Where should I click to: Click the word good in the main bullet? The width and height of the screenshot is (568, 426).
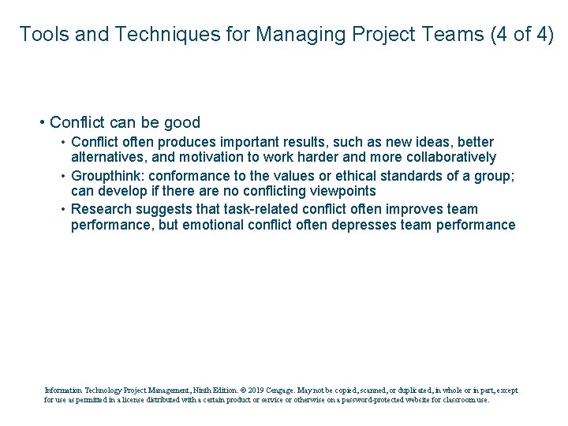[183, 122]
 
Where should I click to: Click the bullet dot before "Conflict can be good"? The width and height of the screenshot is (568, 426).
[41, 122]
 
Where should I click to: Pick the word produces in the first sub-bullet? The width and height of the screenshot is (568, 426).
[186, 142]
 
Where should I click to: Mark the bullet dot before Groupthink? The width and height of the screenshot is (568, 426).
[62, 176]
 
